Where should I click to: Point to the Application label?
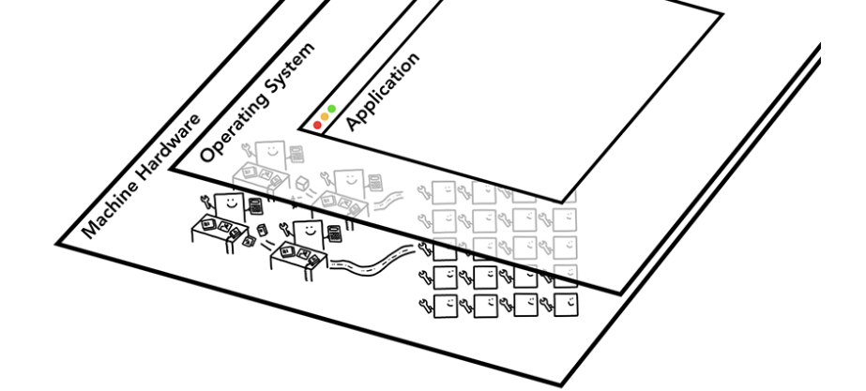point(383,91)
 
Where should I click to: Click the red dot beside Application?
point(318,126)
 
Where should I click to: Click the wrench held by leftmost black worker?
point(205,199)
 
